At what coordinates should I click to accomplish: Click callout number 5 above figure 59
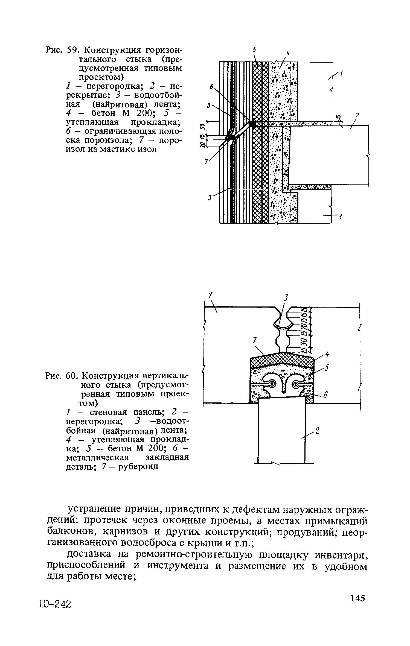point(254,50)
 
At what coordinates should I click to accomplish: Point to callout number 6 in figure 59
point(211,86)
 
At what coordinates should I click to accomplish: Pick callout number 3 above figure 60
point(286,297)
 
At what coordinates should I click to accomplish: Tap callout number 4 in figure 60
point(327,355)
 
